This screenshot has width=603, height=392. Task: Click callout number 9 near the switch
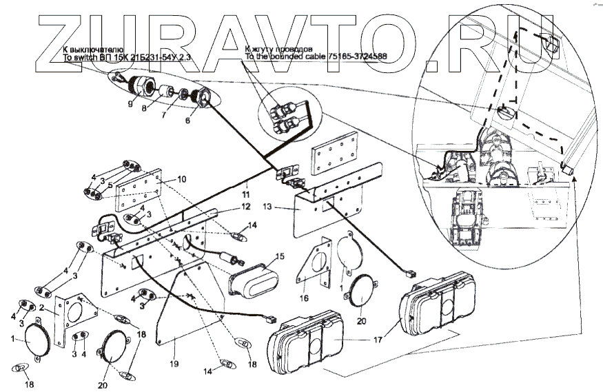point(130,105)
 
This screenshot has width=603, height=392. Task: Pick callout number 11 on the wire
point(247,187)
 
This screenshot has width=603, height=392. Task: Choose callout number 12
point(246,206)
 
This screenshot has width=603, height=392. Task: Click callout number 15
point(279,256)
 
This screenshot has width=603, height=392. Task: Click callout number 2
point(43,307)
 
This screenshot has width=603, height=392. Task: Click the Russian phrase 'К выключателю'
point(93,51)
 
